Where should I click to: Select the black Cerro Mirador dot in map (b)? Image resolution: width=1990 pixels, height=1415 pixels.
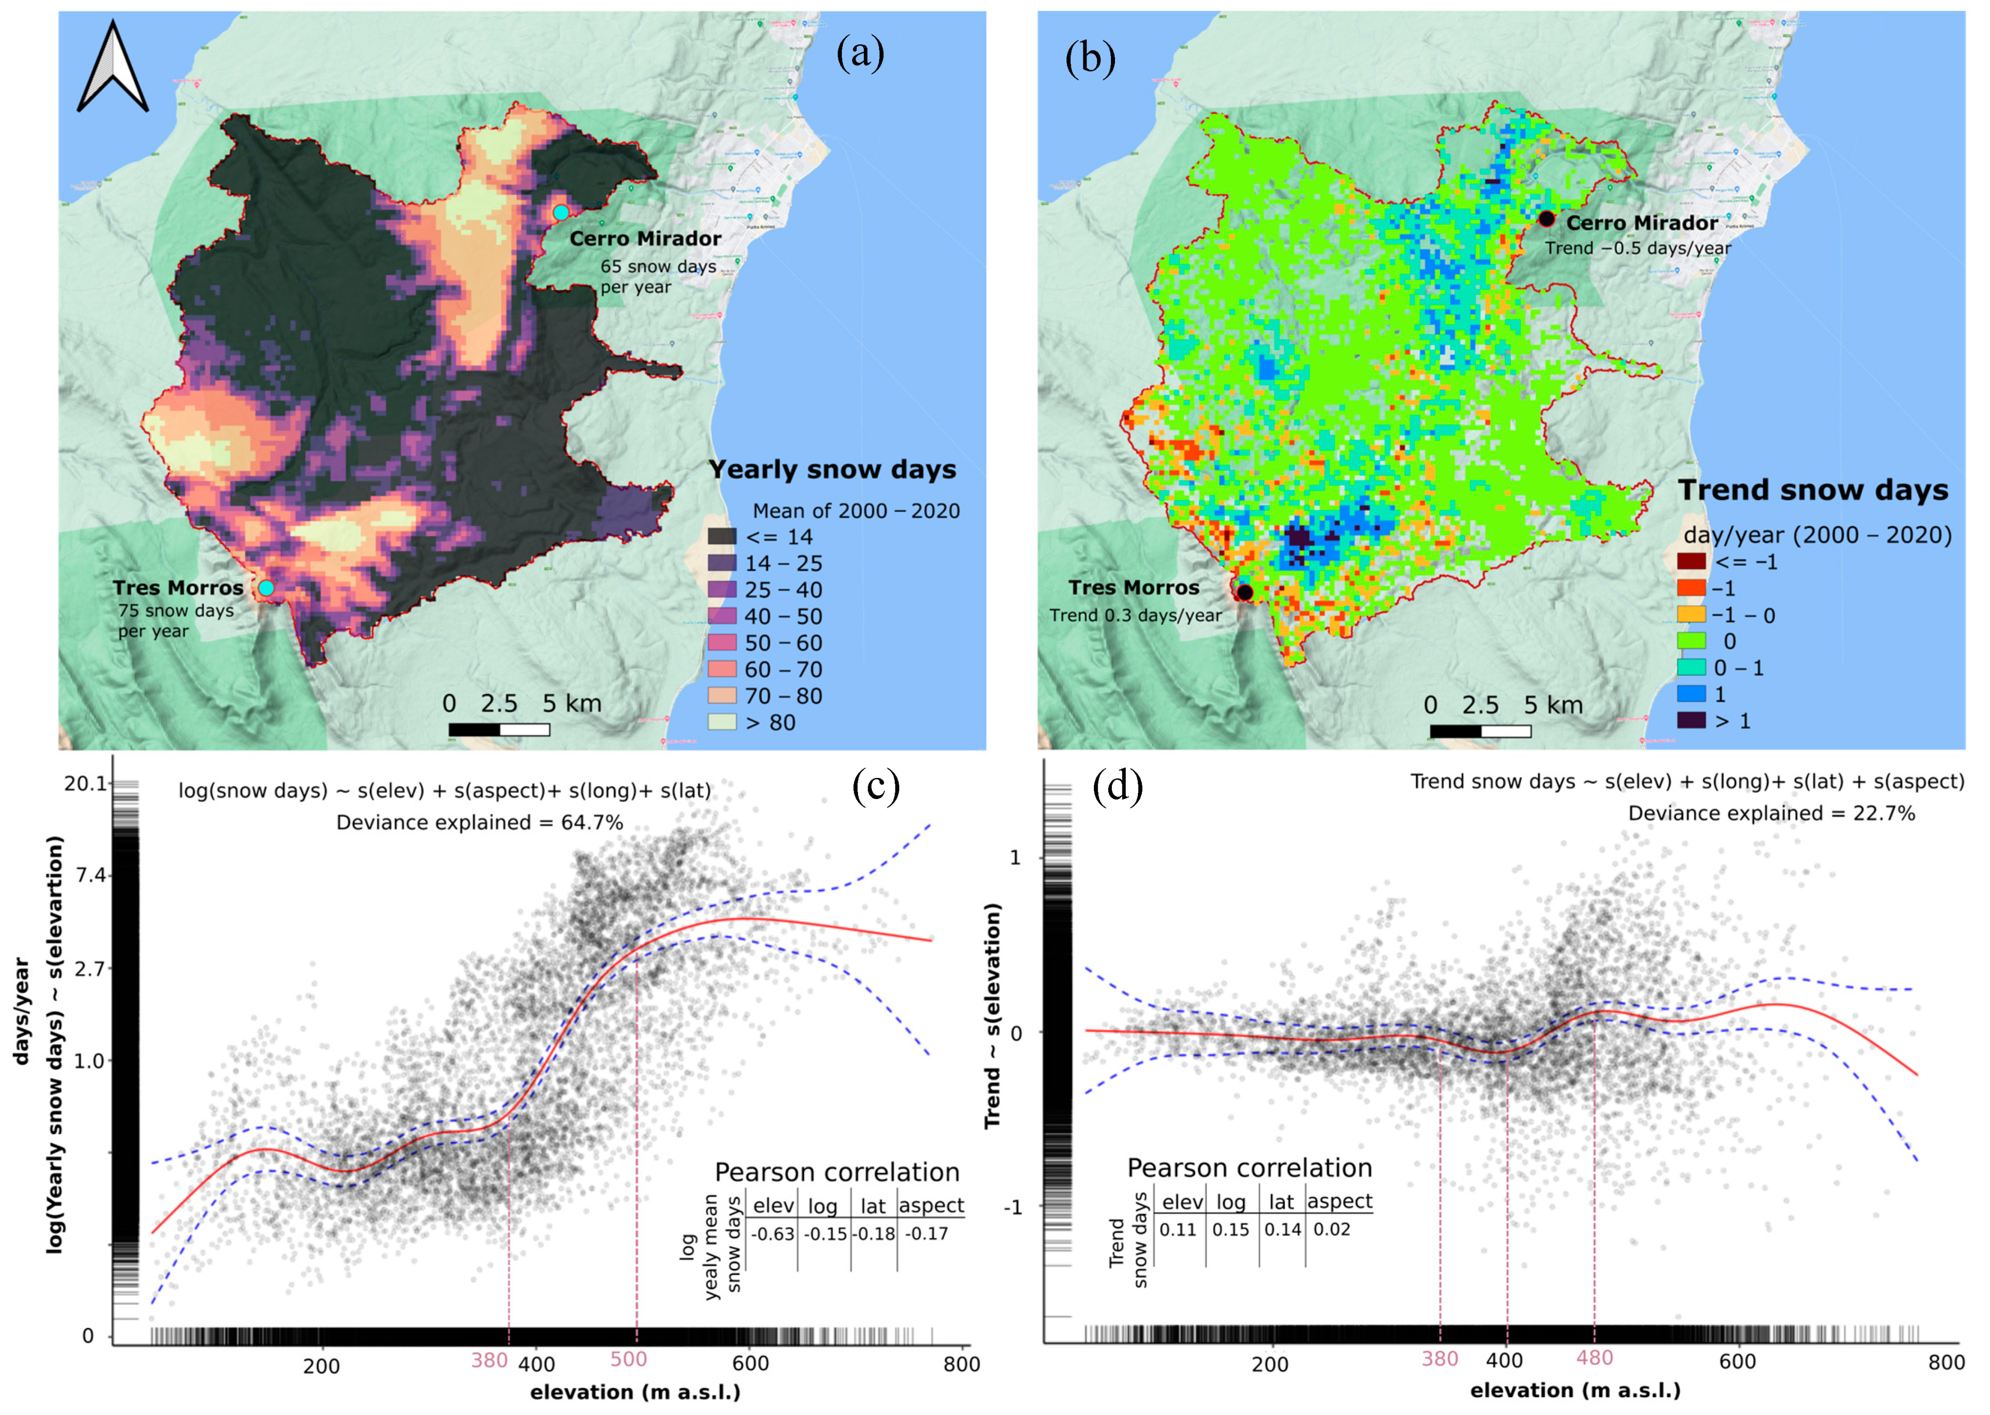pyautogui.click(x=1546, y=219)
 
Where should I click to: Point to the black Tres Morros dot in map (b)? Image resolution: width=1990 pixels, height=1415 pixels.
pyautogui.click(x=1244, y=593)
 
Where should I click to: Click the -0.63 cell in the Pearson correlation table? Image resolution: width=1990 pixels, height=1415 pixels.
pyautogui.click(x=772, y=1234)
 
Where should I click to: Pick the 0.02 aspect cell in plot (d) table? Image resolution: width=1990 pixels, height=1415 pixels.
pyautogui.click(x=1331, y=1229)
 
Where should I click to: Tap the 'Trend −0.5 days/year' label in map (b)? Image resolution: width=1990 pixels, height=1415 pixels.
pyautogui.click(x=1638, y=248)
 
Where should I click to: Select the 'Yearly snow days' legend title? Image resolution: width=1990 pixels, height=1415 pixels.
pyautogui.click(x=832, y=470)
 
